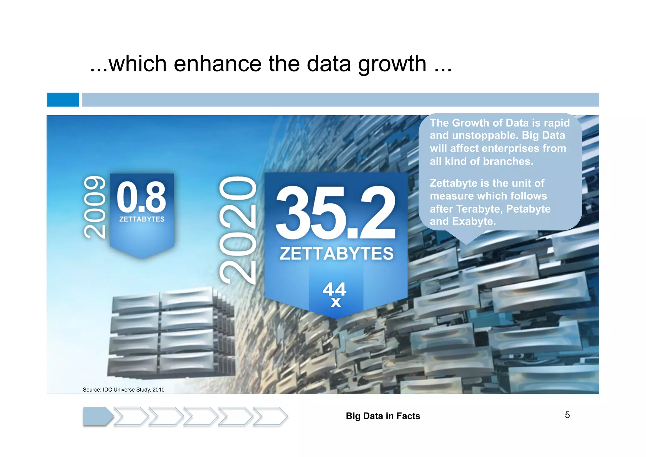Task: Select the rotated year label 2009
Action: pyautogui.click(x=95, y=207)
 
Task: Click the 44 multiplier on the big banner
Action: pyautogui.click(x=334, y=288)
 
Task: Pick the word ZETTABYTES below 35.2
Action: pyautogui.click(x=337, y=254)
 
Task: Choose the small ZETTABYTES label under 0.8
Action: pyautogui.click(x=142, y=219)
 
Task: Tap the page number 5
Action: pyautogui.click(x=567, y=415)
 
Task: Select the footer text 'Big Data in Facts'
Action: pyautogui.click(x=383, y=416)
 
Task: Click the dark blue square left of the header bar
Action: pyautogui.click(x=63, y=99)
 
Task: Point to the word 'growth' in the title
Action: pyautogui.click(x=392, y=64)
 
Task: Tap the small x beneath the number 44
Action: pyautogui.click(x=336, y=303)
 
